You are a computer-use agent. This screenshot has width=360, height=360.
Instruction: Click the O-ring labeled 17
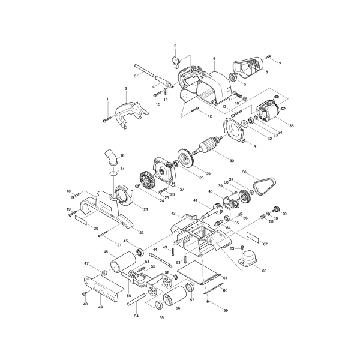click(113, 173)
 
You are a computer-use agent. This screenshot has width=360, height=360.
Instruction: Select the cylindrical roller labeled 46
click(123, 262)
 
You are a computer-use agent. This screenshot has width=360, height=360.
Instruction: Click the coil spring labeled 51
click(134, 274)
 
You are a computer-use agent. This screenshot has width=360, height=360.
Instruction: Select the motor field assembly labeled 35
click(268, 110)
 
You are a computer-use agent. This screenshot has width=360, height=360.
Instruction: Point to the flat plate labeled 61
click(199, 273)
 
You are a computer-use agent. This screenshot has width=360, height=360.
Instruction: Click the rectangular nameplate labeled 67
click(253, 237)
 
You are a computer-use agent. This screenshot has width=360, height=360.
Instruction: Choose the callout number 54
click(136, 316)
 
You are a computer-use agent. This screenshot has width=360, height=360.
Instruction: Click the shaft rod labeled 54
click(136, 299)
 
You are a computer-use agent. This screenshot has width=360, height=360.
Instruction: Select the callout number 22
click(142, 233)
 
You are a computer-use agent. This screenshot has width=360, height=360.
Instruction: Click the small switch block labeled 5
click(175, 62)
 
